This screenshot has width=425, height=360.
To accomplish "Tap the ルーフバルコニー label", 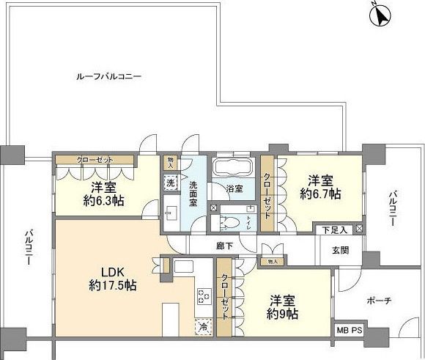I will pyautogui.click(x=108, y=76).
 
